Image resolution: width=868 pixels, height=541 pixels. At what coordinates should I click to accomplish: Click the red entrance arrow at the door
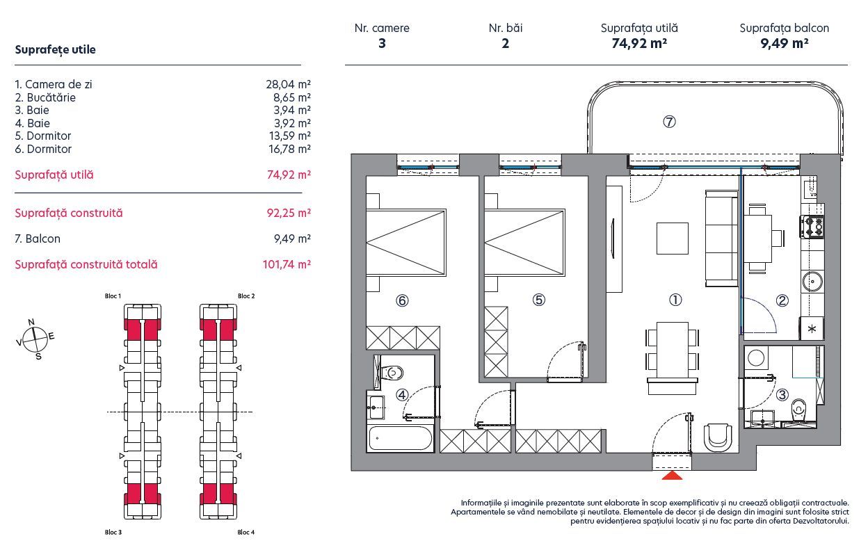672,476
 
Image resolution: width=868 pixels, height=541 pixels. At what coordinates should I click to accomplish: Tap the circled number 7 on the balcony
669,122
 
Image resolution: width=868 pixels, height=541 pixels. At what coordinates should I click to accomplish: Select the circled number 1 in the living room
675,300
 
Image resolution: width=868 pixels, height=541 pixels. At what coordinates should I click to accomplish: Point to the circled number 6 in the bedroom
401,300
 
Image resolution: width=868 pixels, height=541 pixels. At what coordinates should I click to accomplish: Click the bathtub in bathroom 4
401,438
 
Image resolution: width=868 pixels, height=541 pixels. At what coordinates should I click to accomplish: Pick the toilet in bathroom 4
391,373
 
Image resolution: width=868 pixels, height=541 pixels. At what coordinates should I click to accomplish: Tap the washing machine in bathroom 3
756,357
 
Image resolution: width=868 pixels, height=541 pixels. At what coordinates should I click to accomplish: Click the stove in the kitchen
813,225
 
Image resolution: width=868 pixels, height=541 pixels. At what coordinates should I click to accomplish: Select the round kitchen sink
812,282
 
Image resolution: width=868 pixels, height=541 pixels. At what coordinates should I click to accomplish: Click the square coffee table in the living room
673,238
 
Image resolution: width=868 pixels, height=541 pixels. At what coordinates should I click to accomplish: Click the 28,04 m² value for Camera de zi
288,84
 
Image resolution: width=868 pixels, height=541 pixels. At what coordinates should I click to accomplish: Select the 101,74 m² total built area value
288,264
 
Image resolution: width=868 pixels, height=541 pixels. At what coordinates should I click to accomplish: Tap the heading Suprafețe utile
55,50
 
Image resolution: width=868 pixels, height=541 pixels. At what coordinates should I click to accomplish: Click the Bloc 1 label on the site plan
112,296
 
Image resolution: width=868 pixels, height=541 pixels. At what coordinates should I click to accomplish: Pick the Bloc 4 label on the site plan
246,533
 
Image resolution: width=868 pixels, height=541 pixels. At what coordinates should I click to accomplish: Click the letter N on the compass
31,321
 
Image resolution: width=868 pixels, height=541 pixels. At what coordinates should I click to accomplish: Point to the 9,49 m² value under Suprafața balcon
784,43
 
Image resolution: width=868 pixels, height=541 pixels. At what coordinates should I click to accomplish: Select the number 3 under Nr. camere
382,43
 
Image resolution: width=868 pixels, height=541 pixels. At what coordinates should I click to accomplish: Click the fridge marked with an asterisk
811,328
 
